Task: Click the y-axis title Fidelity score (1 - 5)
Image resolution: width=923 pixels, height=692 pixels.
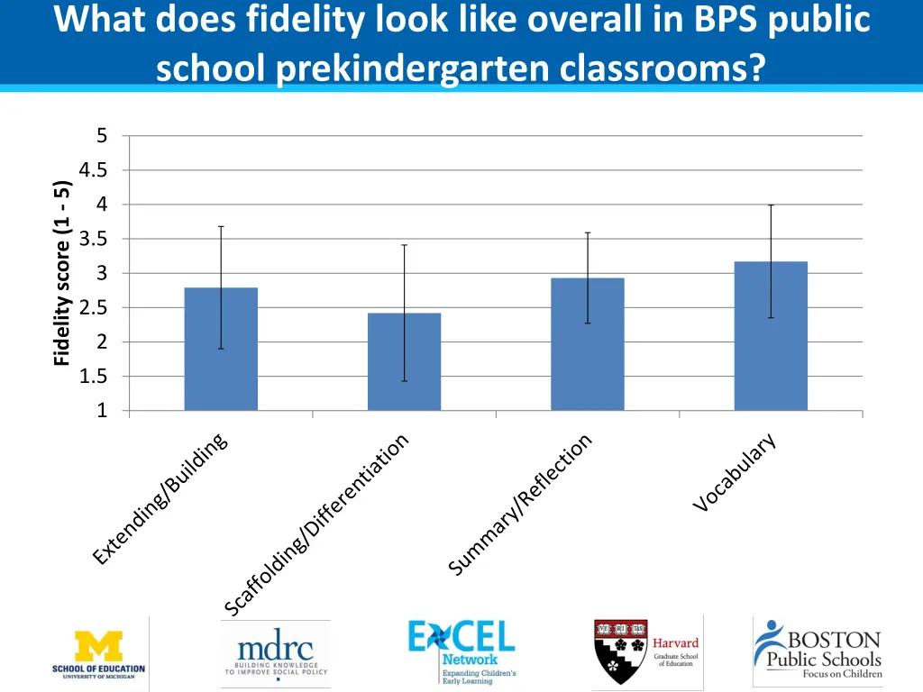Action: (61, 273)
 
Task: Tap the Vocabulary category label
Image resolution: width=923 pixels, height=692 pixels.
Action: (735, 473)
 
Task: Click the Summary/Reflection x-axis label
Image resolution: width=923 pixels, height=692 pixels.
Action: (521, 505)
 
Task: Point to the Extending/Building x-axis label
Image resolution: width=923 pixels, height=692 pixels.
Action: (160, 498)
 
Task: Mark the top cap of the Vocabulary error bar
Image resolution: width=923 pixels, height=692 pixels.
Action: (771, 205)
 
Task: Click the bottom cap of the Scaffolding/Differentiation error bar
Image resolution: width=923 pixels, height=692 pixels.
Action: (405, 381)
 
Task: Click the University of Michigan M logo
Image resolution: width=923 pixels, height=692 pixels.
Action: (99, 645)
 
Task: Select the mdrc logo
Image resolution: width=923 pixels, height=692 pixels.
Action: (275, 651)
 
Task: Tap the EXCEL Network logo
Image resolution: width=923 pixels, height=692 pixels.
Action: (461, 651)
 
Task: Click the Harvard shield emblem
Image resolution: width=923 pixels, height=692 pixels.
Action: (620, 651)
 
